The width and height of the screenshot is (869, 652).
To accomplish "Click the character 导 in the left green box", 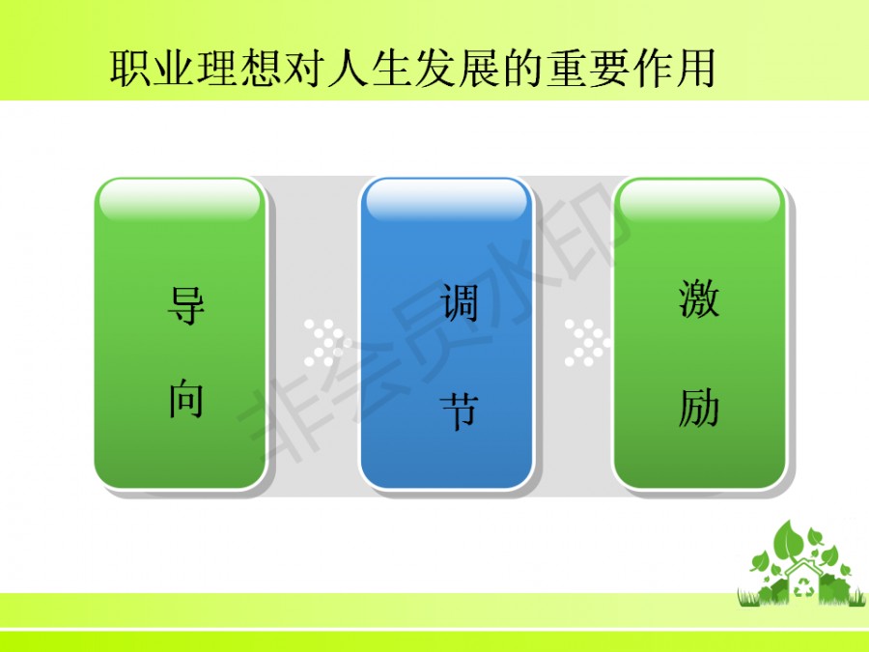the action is tap(186, 305).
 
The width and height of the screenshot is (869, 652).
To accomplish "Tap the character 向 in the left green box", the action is tap(186, 398).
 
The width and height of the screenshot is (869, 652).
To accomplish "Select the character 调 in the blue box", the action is tap(459, 302).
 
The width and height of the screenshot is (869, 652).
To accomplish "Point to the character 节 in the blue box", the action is tap(459, 411).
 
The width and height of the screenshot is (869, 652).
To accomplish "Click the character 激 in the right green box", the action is tap(699, 298).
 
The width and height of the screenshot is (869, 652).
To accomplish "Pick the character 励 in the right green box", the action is tap(699, 408).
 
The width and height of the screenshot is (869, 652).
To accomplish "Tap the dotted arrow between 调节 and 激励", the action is tap(587, 343).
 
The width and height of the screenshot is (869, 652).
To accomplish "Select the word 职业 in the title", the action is tap(153, 69).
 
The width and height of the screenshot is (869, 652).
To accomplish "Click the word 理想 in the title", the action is tap(239, 69).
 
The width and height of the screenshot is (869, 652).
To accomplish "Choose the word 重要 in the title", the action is tap(589, 69).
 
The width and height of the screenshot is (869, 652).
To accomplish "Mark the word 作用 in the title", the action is tap(675, 69).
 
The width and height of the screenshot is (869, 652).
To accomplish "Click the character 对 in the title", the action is tap(304, 69).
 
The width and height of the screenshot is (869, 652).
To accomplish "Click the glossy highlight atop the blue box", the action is tap(447, 200).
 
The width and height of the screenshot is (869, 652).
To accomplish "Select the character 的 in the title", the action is tap(523, 69).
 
